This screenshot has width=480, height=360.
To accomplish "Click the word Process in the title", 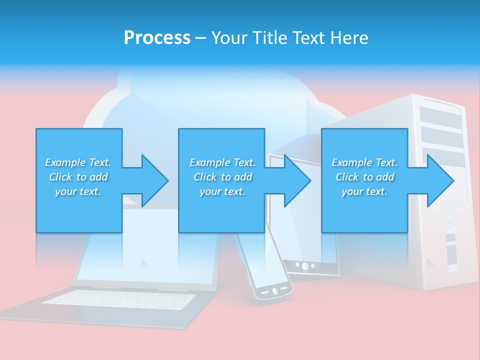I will [157, 38].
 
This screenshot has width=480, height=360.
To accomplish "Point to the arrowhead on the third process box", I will [439, 180].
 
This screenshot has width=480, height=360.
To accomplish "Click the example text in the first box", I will [78, 177].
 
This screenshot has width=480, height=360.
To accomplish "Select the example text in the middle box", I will [222, 177].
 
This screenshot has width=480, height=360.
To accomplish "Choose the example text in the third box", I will [364, 177].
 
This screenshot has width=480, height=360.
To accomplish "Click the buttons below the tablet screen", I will [304, 265].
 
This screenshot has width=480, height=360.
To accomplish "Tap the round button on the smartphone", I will [274, 290].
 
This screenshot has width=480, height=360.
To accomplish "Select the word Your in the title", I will [227, 38].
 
